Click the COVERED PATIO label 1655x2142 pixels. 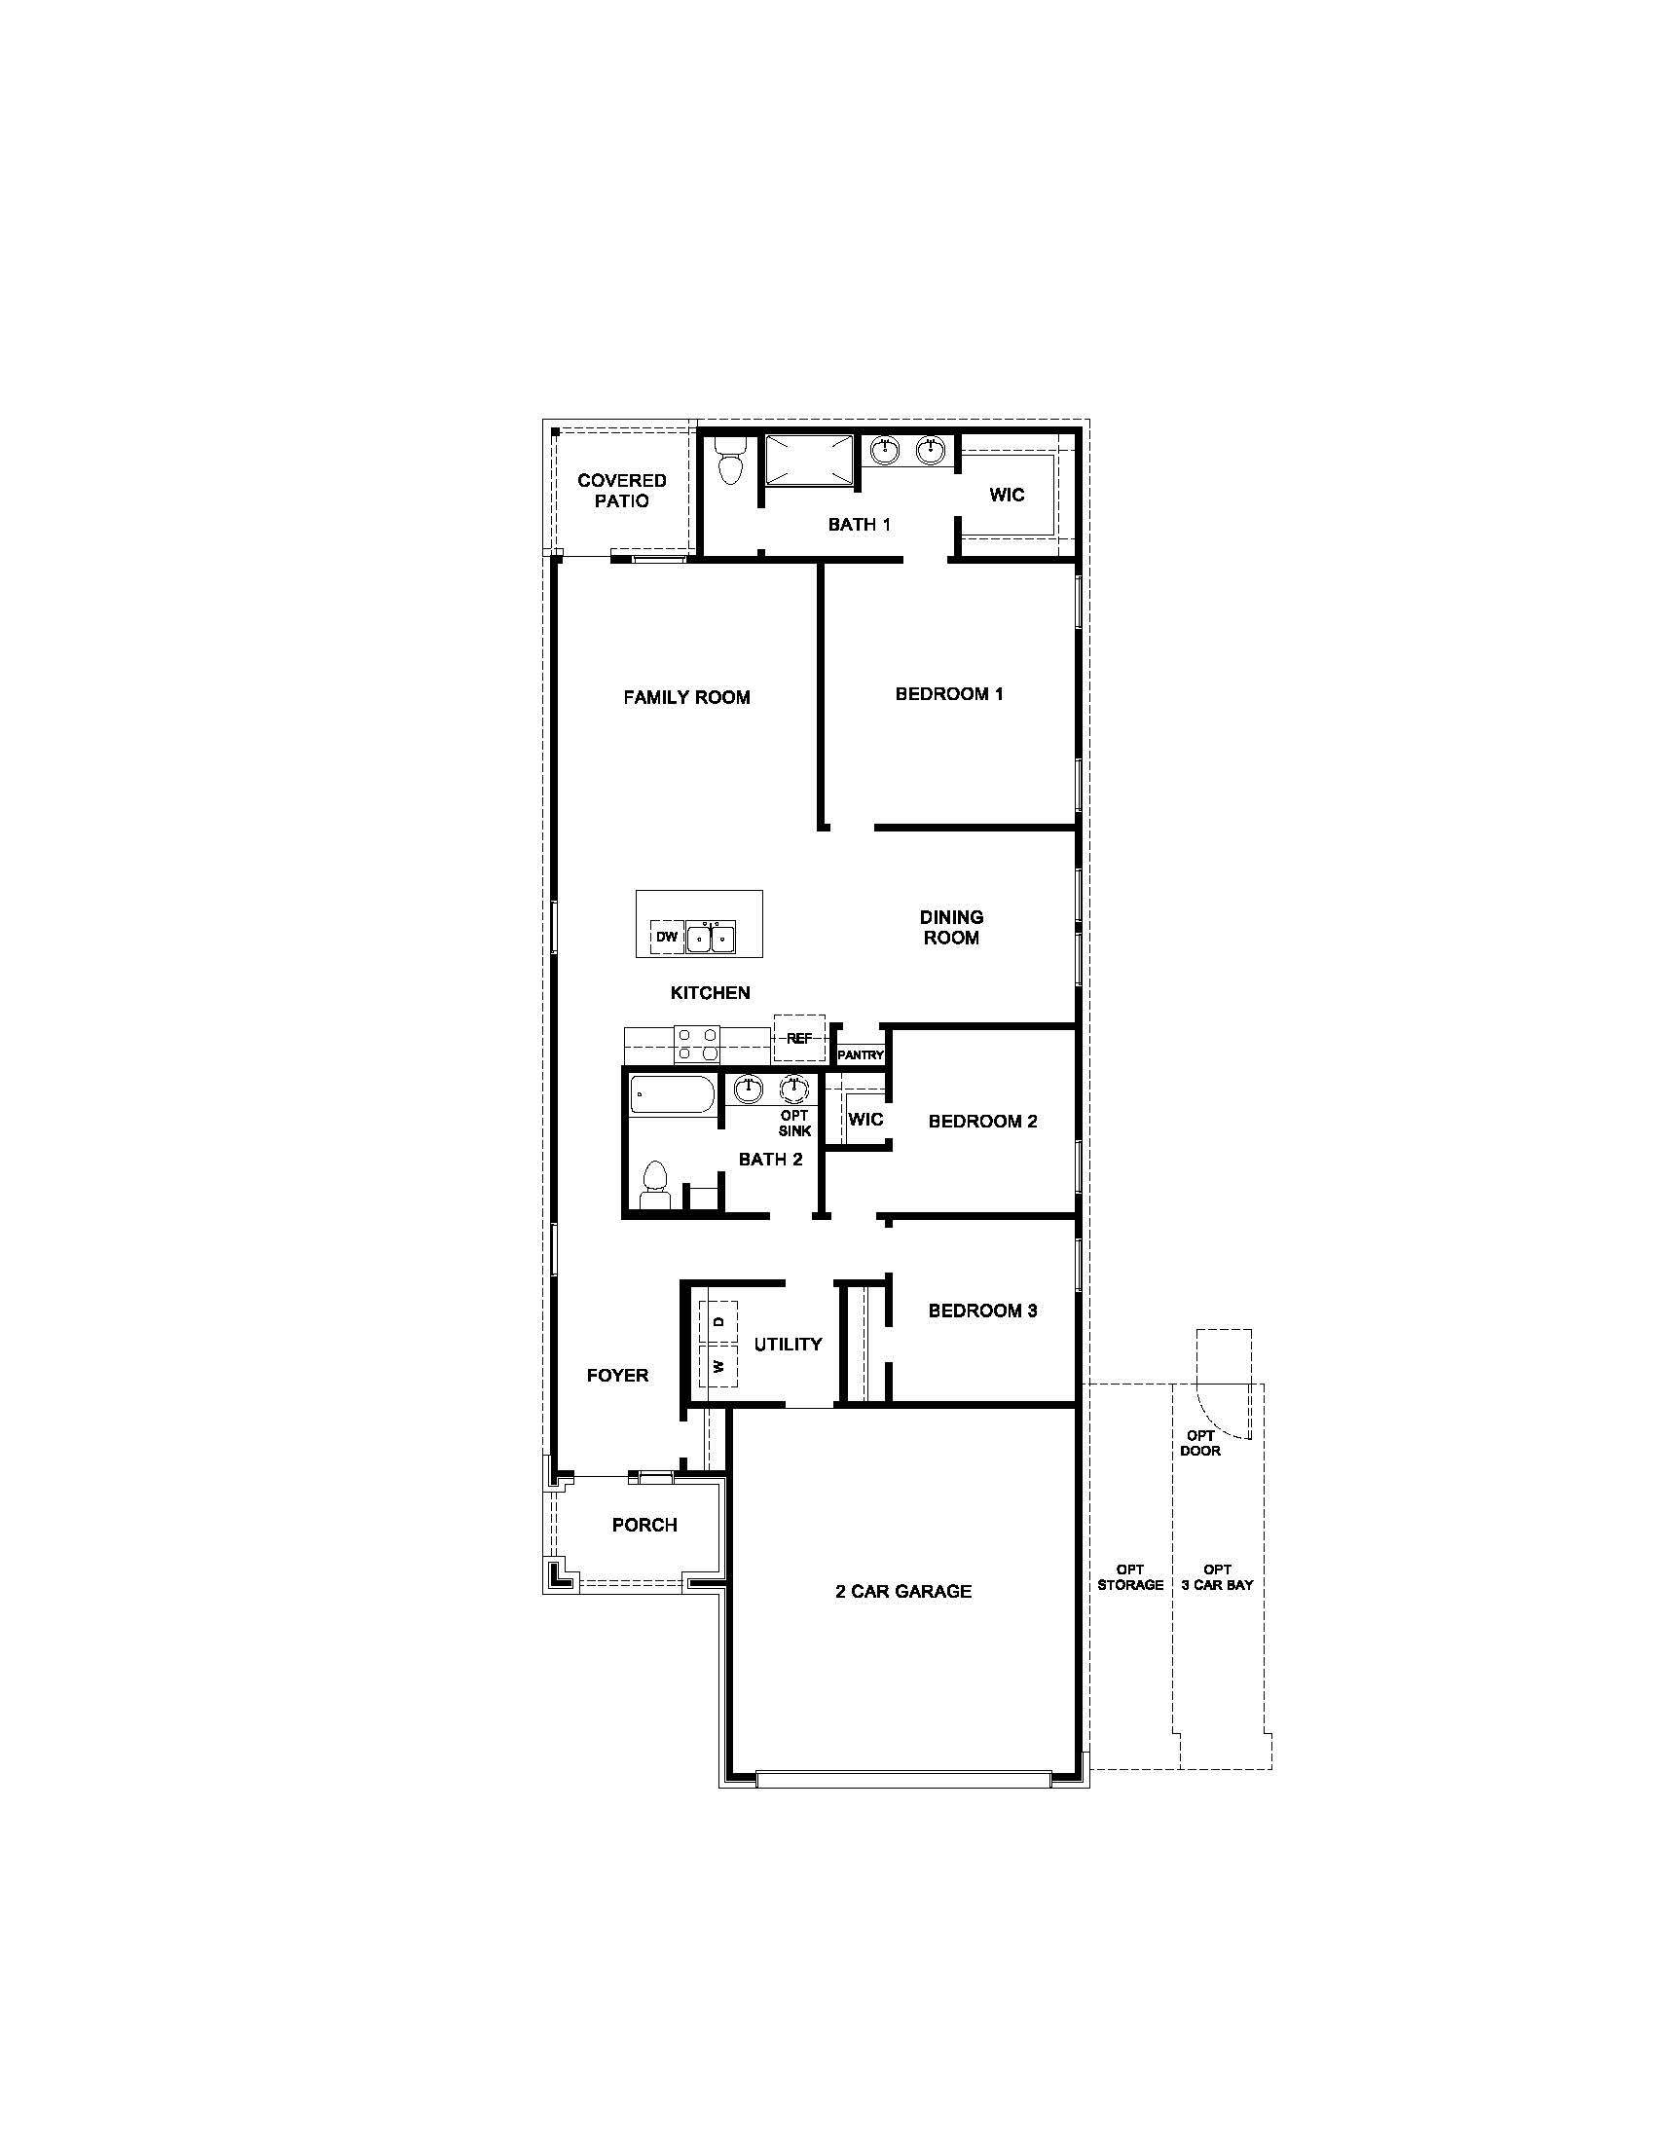coord(622,491)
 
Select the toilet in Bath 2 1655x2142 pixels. coord(654,1184)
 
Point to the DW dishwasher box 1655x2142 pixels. coord(667,937)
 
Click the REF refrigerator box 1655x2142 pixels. coord(799,1038)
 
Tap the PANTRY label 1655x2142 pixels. coord(861,1055)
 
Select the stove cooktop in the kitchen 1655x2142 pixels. coord(696,1044)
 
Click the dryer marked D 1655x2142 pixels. coord(718,1321)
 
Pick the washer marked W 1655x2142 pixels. coord(718,1365)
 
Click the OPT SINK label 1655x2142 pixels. coord(795,1123)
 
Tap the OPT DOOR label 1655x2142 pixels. coord(1200,1443)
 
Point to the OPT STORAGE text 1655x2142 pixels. coord(1130,1577)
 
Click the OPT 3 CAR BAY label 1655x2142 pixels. coord(1217,1577)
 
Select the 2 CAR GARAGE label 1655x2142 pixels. coord(903,1592)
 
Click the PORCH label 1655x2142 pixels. coord(644,1525)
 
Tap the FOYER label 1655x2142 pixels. coord(617,1376)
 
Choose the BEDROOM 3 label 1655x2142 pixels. coord(982,1311)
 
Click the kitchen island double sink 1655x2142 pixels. coord(711,938)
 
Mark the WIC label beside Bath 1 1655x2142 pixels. coord(1007,495)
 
